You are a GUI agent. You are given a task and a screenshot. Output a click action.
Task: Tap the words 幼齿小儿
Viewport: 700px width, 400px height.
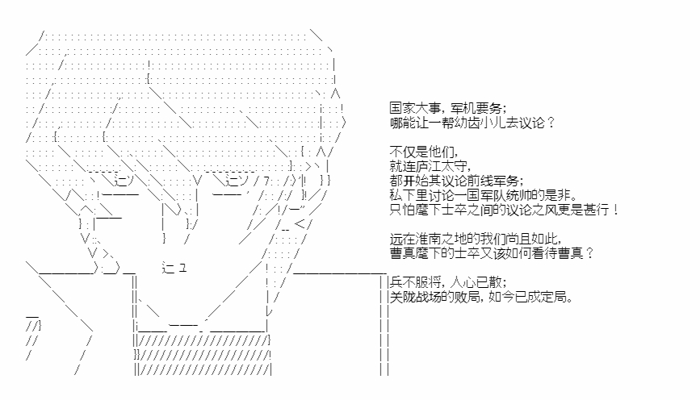480,123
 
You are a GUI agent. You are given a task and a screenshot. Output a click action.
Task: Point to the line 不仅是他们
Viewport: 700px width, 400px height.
422,152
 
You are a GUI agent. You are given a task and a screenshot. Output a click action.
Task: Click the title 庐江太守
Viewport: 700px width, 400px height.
442,166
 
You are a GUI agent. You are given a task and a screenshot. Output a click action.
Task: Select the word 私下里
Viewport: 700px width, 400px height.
409,195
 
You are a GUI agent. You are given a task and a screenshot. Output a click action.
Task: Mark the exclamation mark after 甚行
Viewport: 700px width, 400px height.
616,210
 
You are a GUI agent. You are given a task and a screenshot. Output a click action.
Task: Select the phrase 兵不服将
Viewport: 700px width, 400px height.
416,282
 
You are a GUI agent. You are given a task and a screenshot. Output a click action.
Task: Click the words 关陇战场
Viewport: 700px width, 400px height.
416,297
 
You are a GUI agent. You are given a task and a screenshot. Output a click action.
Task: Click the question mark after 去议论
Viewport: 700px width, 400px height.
551,123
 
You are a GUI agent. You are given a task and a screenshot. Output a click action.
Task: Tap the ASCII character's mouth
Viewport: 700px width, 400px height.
174,269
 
